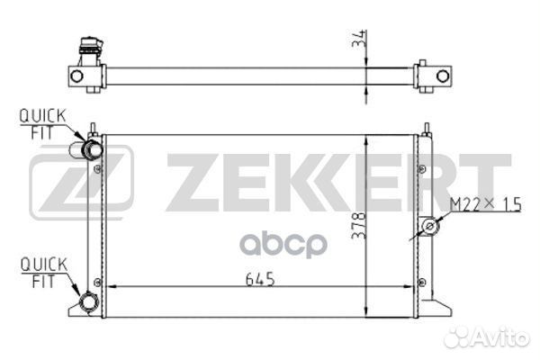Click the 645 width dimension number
tap(260, 279)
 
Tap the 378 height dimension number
tap(358, 225)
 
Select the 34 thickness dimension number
tap(358, 38)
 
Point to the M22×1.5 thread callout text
tap(486, 204)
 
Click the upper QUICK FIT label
tap(42, 124)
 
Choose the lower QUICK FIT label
tap(43, 273)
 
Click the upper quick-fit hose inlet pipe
tap(85, 150)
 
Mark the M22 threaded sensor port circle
tap(430, 226)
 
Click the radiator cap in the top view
tap(91, 46)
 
